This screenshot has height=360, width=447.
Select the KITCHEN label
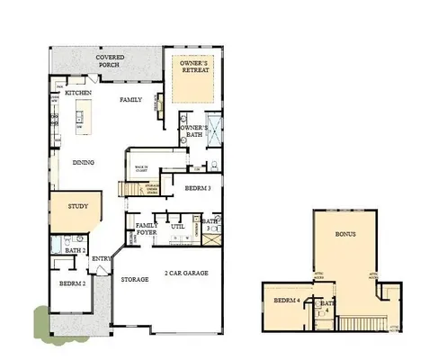[x=79, y=93]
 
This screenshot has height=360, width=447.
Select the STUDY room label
[x=77, y=207]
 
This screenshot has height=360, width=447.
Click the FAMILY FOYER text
[x=146, y=229]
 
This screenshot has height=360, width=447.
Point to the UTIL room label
[x=177, y=227]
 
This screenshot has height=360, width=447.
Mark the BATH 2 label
[x=76, y=250]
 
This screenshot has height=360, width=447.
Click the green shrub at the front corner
[x=42, y=319]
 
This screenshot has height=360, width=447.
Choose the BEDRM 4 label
[x=285, y=300]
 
